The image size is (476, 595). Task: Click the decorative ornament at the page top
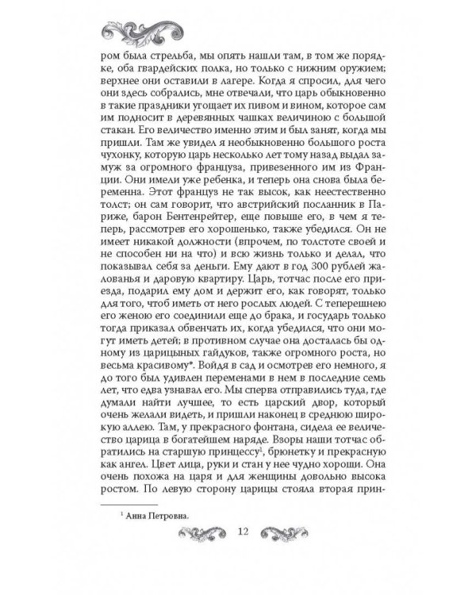(x=238, y=33)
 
